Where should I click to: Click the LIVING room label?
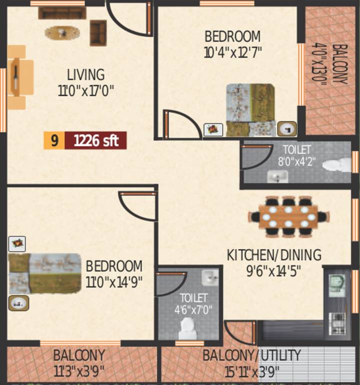click(86, 75)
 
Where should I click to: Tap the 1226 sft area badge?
click(96, 141)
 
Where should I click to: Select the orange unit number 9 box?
click(54, 141)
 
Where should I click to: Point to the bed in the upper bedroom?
click(250, 110)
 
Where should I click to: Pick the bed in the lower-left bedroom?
click(45, 273)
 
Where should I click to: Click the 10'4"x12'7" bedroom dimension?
click(233, 53)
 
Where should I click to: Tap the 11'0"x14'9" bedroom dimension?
click(114, 282)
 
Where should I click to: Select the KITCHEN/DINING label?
click(274, 255)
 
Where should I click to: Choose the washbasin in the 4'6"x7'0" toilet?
click(209, 277)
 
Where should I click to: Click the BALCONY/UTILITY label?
click(251, 356)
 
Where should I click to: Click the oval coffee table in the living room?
click(62, 33)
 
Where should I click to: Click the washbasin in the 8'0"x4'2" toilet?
click(276, 176)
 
